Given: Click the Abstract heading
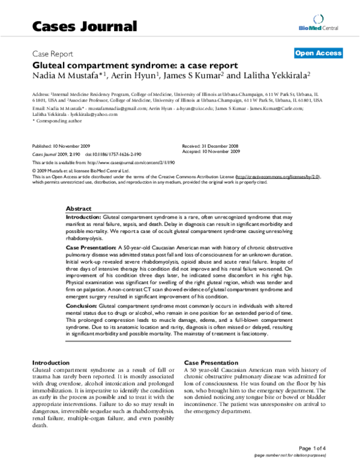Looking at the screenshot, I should pyautogui.click(x=79, y=207).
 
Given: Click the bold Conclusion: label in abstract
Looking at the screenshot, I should pyautogui.click(x=81, y=306).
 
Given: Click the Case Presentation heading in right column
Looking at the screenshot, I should pyautogui.click(x=207, y=363).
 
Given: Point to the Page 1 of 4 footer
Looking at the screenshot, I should pyautogui.click(x=328, y=447).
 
